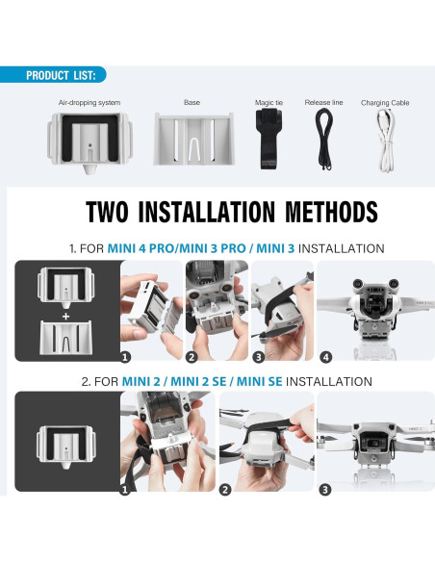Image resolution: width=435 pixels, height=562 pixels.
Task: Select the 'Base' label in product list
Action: [192, 102]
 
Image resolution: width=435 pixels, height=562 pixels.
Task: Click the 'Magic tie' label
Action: [269, 102]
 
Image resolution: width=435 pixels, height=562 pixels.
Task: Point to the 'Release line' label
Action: [323, 102]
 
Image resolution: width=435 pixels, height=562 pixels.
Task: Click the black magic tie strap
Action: [269, 139]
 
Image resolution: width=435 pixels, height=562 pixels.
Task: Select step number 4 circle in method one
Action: [325, 356]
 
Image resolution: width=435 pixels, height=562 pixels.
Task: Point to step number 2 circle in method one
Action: [192, 356]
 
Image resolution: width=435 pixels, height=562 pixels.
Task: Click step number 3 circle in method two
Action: [325, 489]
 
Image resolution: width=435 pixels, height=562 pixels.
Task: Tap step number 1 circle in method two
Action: [125, 489]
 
